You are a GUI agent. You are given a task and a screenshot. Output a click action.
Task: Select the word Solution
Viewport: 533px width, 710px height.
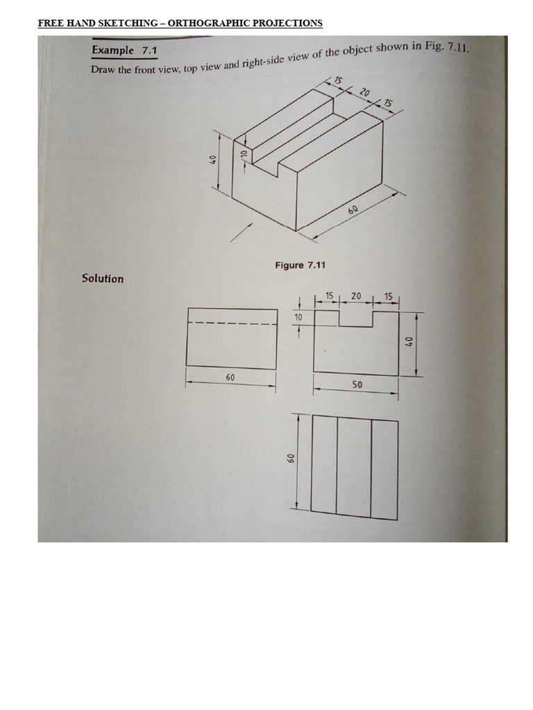(x=103, y=278)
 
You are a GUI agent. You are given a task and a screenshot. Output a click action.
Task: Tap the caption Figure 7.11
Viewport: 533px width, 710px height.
(x=300, y=265)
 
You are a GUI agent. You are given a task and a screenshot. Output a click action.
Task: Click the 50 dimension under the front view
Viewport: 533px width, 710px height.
(x=357, y=384)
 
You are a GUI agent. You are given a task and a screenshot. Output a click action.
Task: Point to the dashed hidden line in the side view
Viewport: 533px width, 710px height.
(x=231, y=323)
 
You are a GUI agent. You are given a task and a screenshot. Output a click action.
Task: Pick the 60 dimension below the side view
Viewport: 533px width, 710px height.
(x=230, y=376)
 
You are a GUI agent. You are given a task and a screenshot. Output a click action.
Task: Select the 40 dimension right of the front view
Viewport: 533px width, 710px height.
(x=409, y=342)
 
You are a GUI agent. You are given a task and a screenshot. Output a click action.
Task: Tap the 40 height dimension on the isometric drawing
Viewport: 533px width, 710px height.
(x=214, y=159)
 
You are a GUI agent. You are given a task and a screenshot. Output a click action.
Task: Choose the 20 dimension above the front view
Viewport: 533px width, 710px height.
(x=356, y=296)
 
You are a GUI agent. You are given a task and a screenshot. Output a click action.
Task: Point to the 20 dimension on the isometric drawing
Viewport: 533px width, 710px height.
(x=365, y=92)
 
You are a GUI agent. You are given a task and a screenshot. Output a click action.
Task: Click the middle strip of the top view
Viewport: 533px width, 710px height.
(x=354, y=466)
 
